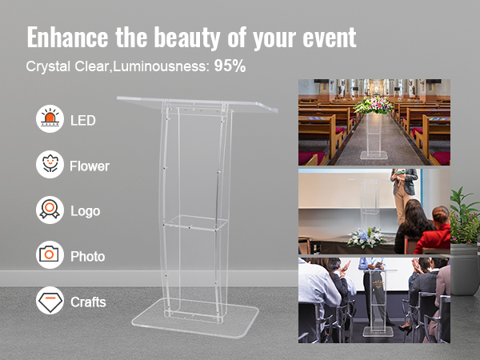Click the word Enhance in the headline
(67, 37)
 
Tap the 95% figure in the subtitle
(230, 66)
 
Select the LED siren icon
(50, 118)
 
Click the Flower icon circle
(50, 164)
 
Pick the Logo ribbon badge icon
(50, 210)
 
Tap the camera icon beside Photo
(50, 254)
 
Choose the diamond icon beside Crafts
(50, 301)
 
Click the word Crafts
(88, 302)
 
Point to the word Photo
(87, 257)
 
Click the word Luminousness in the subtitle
(161, 66)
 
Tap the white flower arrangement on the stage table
(366, 238)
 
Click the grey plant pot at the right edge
(465, 270)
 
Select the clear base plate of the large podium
(195, 318)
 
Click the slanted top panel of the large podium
(198, 104)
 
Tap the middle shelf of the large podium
(194, 222)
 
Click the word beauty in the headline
(186, 38)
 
